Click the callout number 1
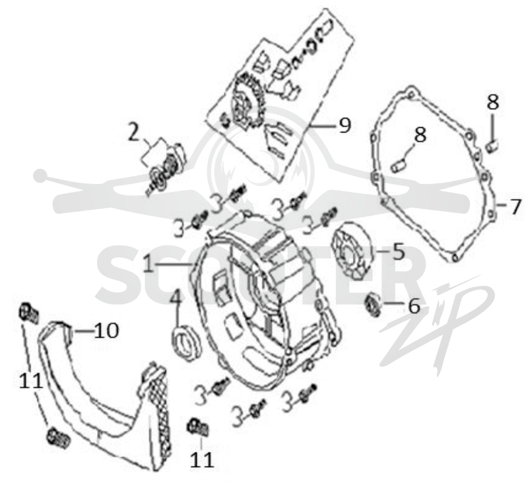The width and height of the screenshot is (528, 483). [x=149, y=263]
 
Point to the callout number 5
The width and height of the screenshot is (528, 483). [x=399, y=251]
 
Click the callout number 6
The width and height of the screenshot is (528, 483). [x=414, y=306]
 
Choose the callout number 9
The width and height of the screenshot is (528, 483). [x=344, y=125]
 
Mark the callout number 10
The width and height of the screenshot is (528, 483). [x=106, y=331]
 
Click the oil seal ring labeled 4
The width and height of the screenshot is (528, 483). [x=186, y=341]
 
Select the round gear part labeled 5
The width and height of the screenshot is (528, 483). [x=352, y=251]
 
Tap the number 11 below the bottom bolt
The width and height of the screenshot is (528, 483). [x=202, y=459]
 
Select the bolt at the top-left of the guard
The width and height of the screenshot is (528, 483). [x=28, y=312]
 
